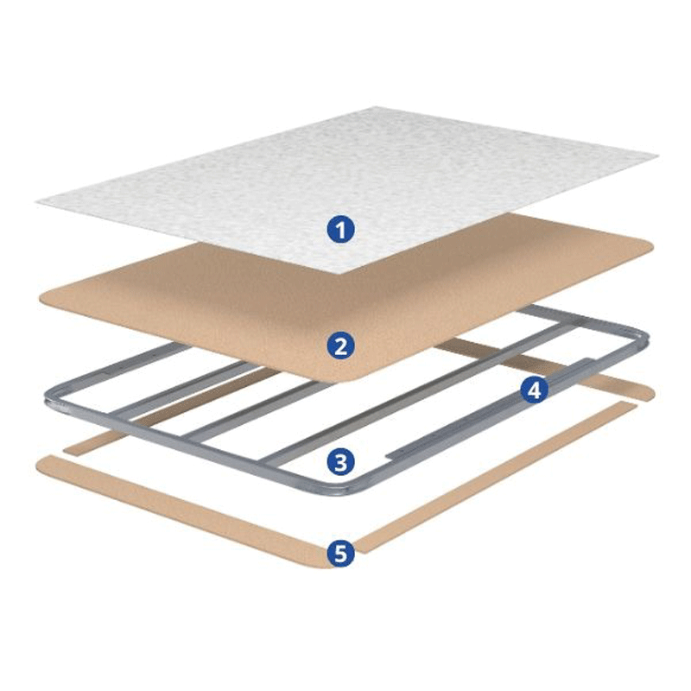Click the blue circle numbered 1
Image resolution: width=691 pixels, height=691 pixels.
(x=340, y=230)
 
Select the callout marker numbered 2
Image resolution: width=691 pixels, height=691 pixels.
(x=340, y=345)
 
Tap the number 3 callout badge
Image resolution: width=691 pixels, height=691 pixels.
(x=340, y=462)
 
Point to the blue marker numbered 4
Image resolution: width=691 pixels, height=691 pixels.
(x=534, y=390)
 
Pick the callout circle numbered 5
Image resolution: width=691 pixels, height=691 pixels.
(x=340, y=553)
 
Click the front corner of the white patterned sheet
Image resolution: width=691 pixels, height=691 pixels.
(x=339, y=274)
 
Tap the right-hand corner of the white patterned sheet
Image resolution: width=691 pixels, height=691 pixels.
(x=657, y=156)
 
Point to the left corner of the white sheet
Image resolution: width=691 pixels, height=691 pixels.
(x=37, y=202)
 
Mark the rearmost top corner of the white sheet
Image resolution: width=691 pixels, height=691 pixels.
(x=376, y=107)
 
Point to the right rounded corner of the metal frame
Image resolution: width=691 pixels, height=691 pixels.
(x=643, y=339)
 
